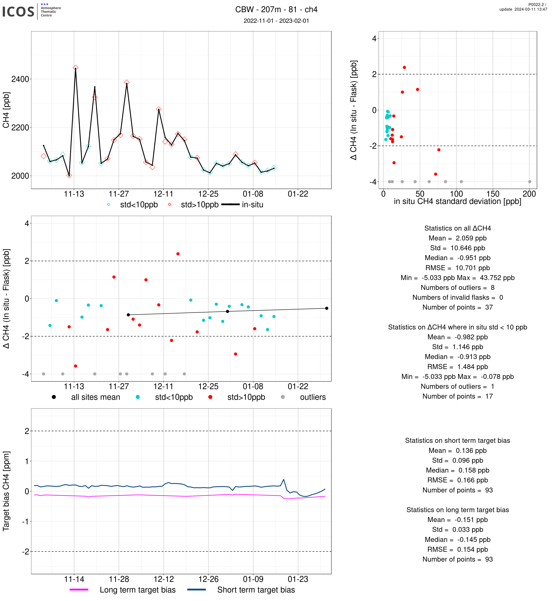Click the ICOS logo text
(18, 12)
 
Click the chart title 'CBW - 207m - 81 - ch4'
(276, 10)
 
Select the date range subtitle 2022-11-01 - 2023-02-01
(276, 21)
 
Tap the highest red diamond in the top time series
(75, 68)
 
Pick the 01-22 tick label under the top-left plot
(298, 194)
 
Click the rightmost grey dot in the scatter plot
(529, 182)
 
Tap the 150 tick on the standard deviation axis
(493, 194)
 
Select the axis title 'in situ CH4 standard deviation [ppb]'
(457, 202)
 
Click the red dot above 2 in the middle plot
(178, 254)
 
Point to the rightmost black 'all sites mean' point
(326, 308)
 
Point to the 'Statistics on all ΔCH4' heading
(457, 228)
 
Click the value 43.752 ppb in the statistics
(497, 278)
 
